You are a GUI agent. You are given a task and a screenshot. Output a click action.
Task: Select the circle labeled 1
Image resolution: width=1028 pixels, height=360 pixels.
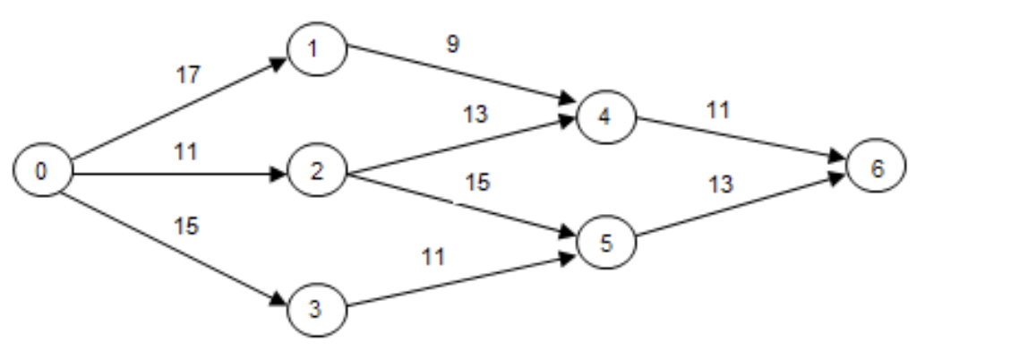pos(317,49)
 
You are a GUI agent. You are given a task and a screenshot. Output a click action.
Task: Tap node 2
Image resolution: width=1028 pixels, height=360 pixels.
pos(317,172)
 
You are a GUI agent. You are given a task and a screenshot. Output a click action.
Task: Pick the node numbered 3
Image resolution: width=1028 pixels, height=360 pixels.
pos(317,311)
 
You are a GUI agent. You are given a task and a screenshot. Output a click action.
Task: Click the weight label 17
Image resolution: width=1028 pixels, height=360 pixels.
pos(188,75)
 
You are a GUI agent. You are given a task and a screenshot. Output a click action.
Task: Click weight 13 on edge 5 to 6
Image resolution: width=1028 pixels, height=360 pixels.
pos(719,186)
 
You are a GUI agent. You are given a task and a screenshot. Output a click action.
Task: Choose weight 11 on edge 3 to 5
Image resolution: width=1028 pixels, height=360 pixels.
pos(434,258)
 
